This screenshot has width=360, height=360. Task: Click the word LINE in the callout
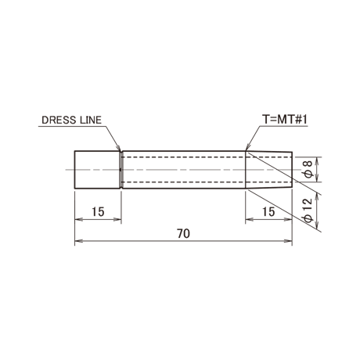pos(90,120)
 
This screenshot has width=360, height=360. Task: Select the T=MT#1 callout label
pos(285,120)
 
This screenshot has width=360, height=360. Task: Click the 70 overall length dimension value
pos(183,234)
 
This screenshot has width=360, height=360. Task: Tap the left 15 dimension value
pos(98,212)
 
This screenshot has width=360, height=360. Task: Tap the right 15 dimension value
pos(268,212)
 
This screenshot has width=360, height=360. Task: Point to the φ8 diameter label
pos(308,170)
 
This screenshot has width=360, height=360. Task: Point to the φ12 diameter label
pos(308,210)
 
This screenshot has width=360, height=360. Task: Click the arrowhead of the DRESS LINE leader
pos(119,149)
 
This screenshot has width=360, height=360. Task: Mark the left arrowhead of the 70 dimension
pos(78,241)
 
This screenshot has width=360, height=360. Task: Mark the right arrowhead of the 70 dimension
pos(288,241)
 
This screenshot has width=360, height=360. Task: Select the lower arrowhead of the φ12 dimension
pos(317,224)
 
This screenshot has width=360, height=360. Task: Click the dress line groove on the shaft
pos(121,170)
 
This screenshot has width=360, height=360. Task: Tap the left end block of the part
pos(97,170)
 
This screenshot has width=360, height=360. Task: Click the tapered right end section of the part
pos(269,170)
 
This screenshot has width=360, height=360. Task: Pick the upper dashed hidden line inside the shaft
pos(207,157)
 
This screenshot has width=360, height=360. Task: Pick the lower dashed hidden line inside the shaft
pos(207,182)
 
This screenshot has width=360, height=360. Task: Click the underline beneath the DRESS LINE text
pos(72,127)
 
